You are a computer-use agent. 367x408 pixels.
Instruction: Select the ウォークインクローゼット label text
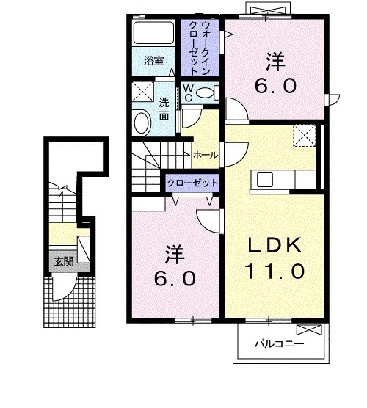coord(200,48)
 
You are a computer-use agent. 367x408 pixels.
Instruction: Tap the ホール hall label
coord(204,156)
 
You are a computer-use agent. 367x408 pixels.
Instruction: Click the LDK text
coord(273,244)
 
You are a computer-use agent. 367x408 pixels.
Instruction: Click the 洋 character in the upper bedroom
coord(273,59)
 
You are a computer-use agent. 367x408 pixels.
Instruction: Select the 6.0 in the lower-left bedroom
coord(175,280)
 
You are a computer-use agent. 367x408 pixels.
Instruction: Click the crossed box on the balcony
coord(311,330)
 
